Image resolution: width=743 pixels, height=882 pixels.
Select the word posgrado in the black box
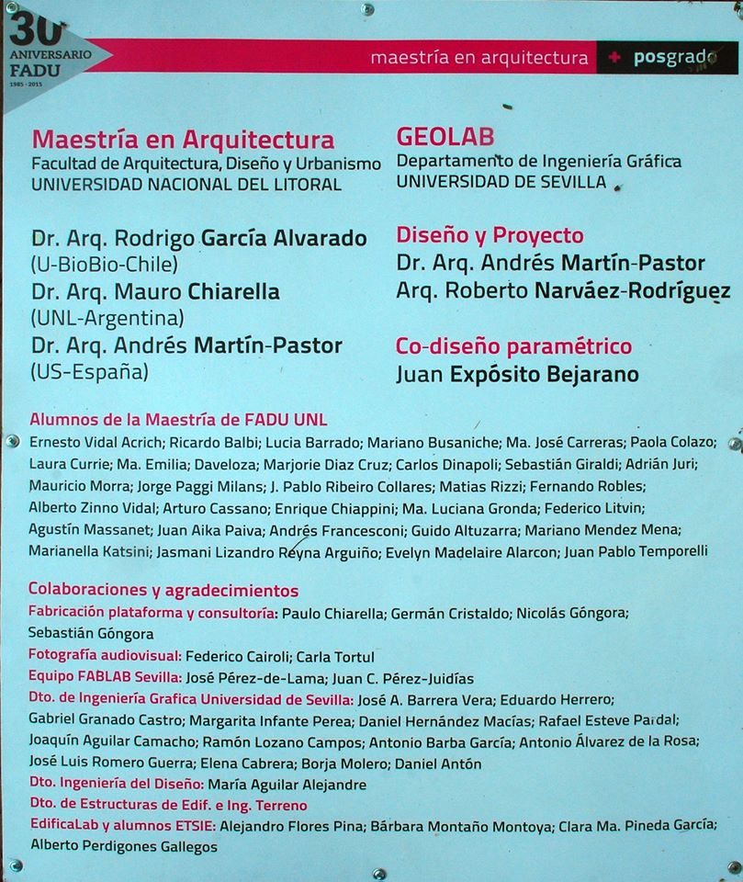674,58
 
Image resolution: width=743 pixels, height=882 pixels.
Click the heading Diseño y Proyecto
490,235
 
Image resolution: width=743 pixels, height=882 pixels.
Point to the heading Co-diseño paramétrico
513,347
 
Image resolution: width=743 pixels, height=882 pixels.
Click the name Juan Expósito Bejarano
517,375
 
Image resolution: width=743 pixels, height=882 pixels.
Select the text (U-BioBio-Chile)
104,265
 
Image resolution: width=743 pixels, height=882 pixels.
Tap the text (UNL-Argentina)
107,319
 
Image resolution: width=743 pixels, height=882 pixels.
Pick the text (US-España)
89,373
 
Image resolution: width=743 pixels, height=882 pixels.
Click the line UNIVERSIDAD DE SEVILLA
501,182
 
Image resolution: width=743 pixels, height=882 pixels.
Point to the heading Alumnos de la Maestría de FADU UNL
178,419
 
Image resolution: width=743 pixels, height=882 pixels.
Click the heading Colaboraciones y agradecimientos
163,590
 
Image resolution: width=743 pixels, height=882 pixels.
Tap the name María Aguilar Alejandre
287,785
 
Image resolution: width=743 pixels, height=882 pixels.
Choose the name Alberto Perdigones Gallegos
123,846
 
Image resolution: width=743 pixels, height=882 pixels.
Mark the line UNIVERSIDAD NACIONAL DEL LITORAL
186,184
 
